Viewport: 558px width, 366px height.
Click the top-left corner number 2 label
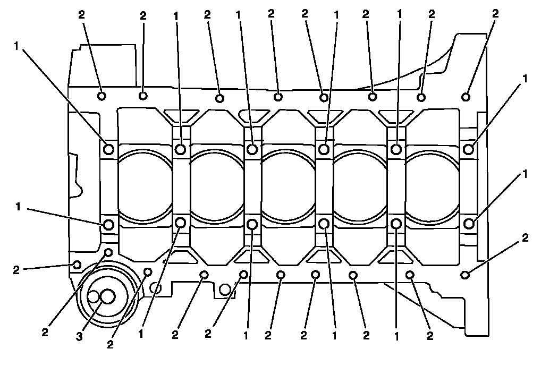81,14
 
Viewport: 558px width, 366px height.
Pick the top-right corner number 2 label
495,14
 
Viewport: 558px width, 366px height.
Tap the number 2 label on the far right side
525,239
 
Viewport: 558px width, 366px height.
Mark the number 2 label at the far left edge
16,270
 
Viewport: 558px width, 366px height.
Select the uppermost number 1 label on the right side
525,78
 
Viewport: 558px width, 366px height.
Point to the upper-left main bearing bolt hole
109,149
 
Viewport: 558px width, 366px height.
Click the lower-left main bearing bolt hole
109,225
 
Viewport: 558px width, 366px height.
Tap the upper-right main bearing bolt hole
468,149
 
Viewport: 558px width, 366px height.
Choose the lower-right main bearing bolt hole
468,224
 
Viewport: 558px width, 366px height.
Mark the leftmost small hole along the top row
102,96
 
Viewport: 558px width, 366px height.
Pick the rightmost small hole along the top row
466,97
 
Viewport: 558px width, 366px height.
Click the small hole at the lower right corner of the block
465,274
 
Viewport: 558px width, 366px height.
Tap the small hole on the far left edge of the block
77,264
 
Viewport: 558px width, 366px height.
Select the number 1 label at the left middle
18,207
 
